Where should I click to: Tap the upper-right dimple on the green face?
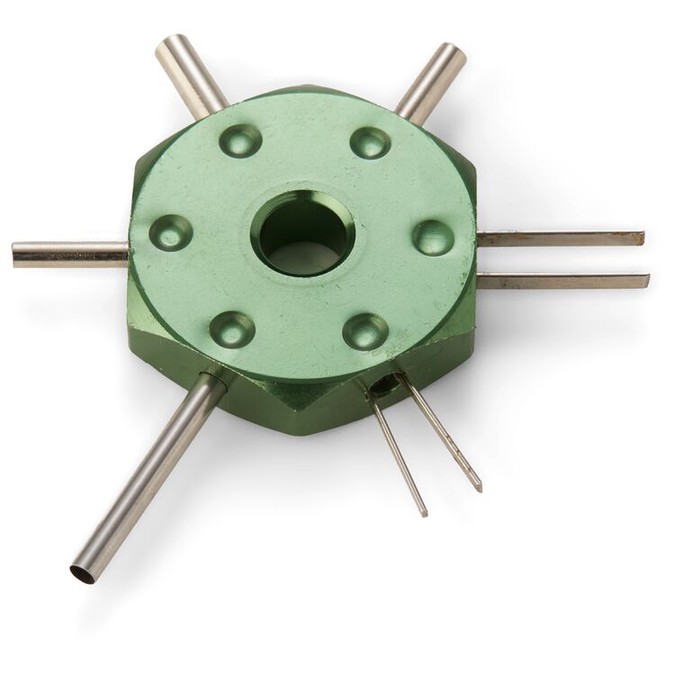[370, 142]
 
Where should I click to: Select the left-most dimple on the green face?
[170, 232]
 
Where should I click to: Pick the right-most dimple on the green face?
[433, 238]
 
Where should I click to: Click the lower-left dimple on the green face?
[232, 328]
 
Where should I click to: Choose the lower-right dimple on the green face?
[365, 331]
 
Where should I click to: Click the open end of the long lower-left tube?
[83, 572]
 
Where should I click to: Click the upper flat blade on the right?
[558, 238]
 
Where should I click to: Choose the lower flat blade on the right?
[562, 281]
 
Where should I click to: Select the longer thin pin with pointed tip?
[441, 434]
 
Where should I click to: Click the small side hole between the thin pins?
[387, 385]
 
